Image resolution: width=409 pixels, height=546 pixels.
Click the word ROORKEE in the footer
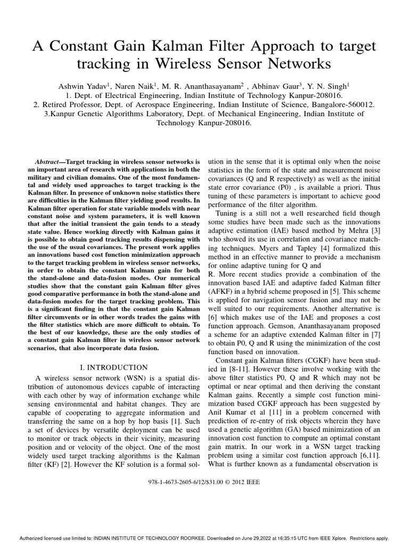[174, 539]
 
